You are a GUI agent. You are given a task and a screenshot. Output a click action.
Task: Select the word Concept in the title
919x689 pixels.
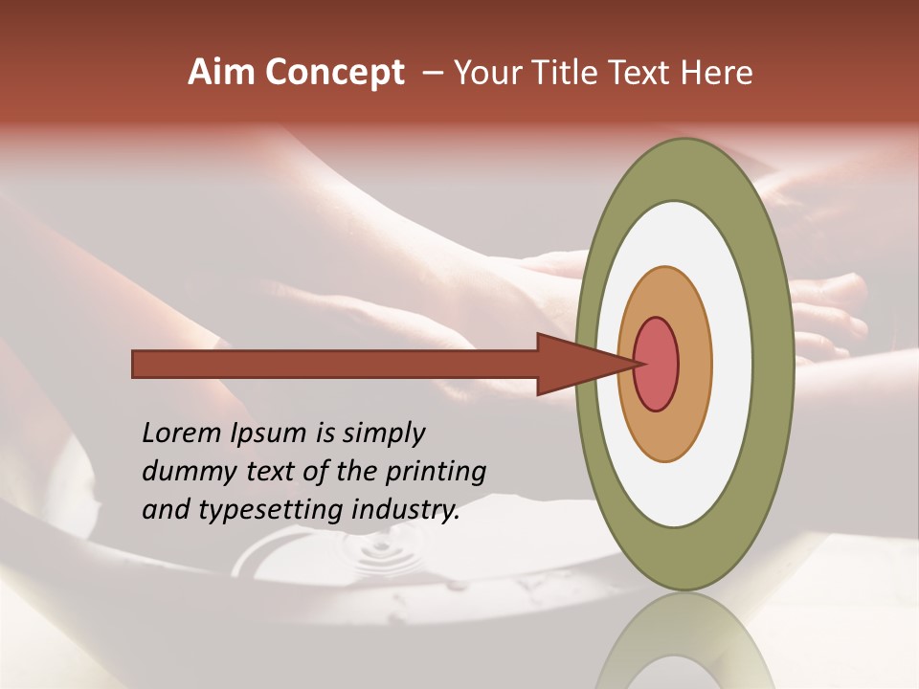click(x=334, y=74)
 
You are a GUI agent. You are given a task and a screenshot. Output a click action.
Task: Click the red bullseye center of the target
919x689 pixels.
click(x=656, y=364)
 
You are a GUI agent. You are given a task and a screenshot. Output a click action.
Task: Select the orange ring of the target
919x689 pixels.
click(x=695, y=364)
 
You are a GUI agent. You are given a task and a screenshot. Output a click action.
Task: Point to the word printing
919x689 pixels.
click(x=438, y=473)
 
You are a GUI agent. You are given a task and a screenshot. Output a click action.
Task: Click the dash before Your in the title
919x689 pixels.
click(x=432, y=74)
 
